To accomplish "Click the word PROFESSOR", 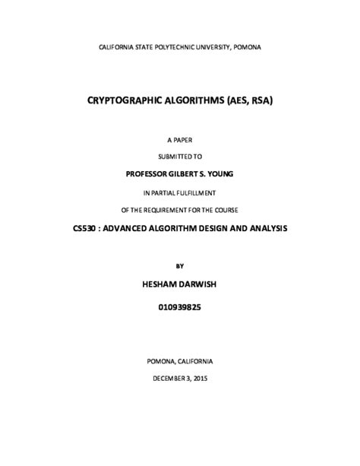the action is click(x=150, y=174).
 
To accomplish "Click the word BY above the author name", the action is click(x=179, y=266).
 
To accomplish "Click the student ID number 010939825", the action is click(x=179, y=309).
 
